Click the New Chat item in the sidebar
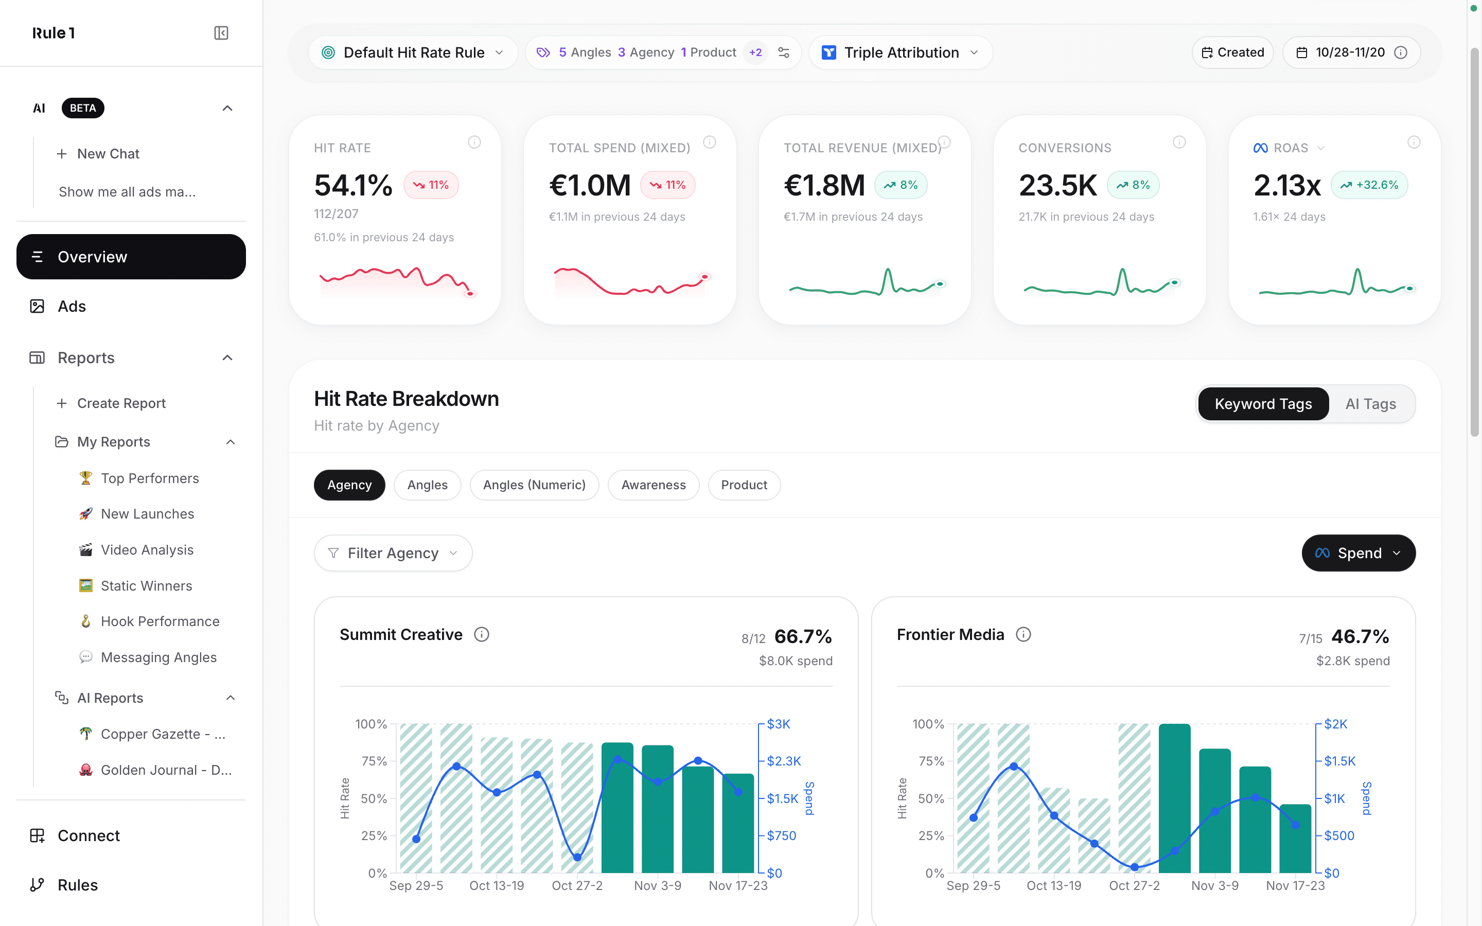(x=108, y=154)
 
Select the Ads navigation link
(x=71, y=306)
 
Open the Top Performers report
(x=149, y=478)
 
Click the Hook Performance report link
(x=160, y=621)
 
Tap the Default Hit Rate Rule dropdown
(x=413, y=52)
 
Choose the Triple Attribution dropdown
(x=900, y=52)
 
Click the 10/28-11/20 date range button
(x=1350, y=52)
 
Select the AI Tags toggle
(x=1370, y=404)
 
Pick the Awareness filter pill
(x=653, y=485)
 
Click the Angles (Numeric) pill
(x=534, y=485)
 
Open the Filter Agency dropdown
(x=393, y=553)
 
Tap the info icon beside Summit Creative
(x=481, y=634)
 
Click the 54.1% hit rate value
(x=352, y=185)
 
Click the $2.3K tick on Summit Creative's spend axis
(x=783, y=761)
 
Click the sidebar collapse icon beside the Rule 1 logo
(x=221, y=33)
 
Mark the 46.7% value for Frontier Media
(x=1360, y=636)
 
